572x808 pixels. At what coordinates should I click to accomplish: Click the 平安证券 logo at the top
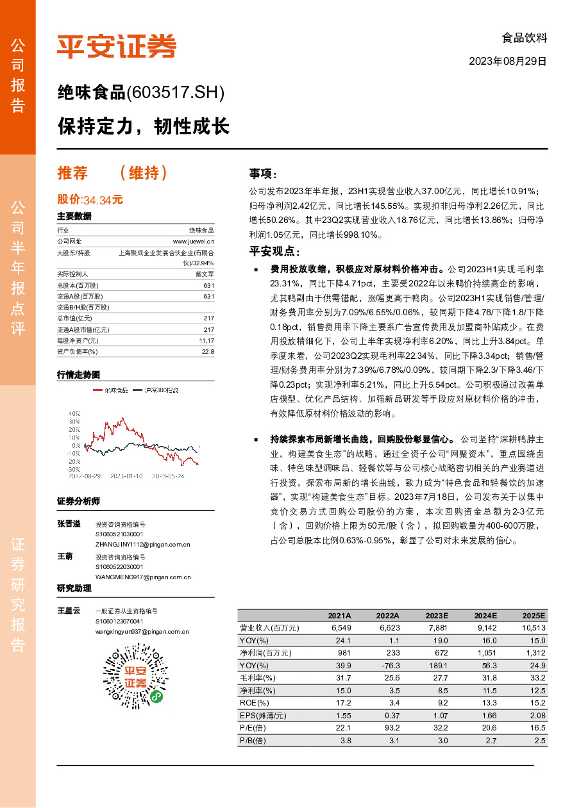pyautogui.click(x=116, y=46)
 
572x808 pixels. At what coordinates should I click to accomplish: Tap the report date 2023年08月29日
pyautogui.click(x=508, y=62)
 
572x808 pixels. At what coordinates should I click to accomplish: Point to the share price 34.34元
pyautogui.click(x=103, y=200)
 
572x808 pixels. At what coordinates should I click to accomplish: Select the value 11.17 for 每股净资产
pyautogui.click(x=206, y=340)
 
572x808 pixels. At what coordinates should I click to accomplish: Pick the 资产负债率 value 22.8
pyautogui.click(x=208, y=351)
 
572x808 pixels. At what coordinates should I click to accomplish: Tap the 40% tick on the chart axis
pyautogui.click(x=74, y=414)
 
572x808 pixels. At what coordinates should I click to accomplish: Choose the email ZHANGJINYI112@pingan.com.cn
pyautogui.click(x=142, y=544)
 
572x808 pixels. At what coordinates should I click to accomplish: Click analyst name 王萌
pyautogui.click(x=65, y=557)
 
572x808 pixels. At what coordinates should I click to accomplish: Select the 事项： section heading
pyautogui.click(x=263, y=174)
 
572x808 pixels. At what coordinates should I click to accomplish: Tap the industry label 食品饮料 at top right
pyautogui.click(x=524, y=38)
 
